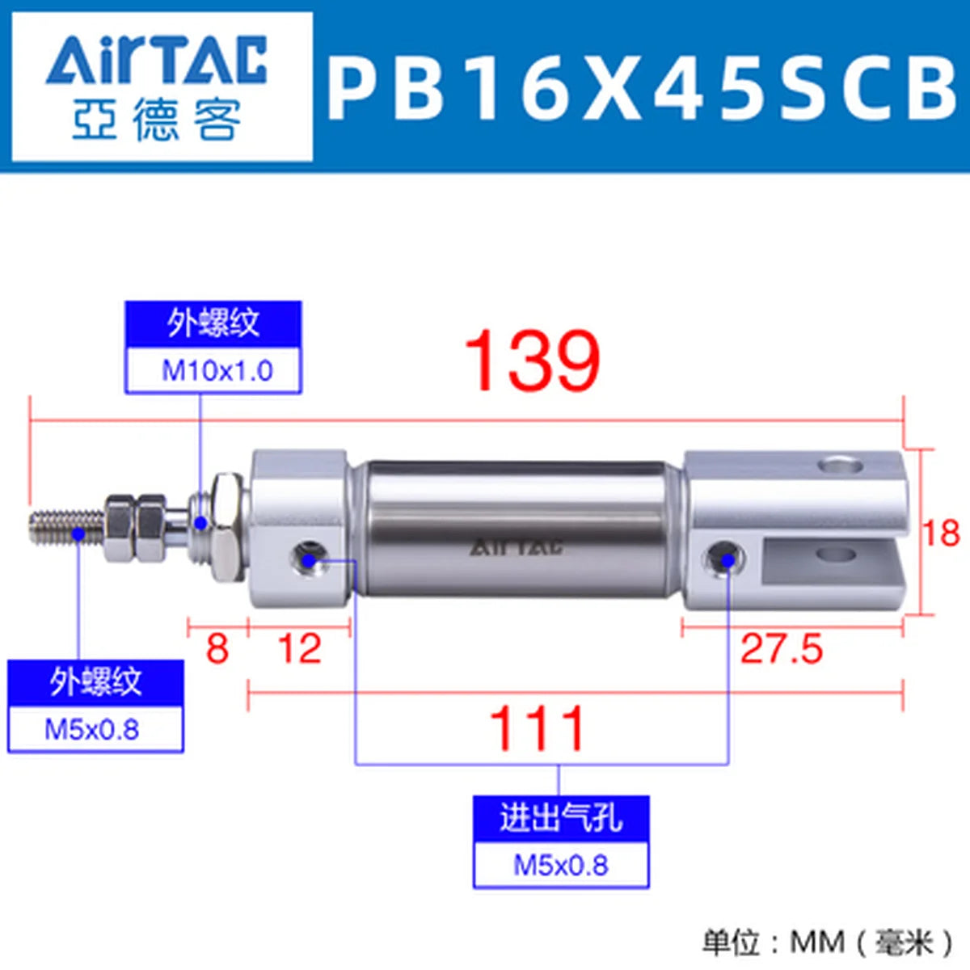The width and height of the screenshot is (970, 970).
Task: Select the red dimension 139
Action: [x=532, y=360]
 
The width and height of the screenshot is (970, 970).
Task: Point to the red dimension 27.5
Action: [x=781, y=649]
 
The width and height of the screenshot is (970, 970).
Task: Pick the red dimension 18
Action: [x=942, y=533]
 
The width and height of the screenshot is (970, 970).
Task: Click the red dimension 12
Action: [x=300, y=649]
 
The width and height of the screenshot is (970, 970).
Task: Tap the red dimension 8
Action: [x=217, y=649]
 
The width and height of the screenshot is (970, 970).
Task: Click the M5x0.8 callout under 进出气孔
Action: [x=561, y=866]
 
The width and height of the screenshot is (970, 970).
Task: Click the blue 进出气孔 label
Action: [x=561, y=819]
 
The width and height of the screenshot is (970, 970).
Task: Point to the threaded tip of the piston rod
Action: [x=66, y=527]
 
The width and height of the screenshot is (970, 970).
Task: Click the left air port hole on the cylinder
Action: [x=308, y=558]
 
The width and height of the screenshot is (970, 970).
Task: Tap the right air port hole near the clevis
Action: [x=725, y=558]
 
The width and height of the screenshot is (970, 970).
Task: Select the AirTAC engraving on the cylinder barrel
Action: [x=516, y=547]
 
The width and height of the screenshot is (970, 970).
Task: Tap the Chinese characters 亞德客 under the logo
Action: [x=157, y=120]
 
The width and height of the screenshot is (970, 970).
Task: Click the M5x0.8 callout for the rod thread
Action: [x=95, y=729]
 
